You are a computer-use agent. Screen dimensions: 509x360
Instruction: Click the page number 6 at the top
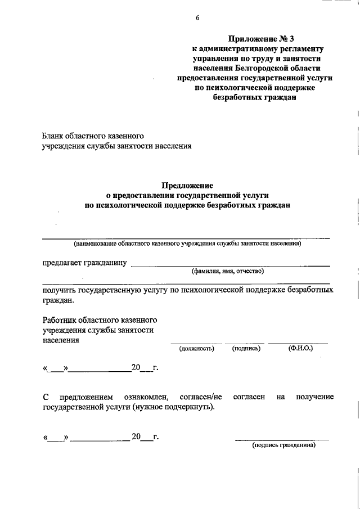[197, 18]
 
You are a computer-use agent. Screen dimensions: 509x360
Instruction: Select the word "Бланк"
[53, 136]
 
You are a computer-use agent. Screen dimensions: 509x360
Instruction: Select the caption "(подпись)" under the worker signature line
[246, 349]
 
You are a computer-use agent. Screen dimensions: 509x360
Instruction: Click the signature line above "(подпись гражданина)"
[281, 439]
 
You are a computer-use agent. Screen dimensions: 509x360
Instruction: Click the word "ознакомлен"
[148, 397]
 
